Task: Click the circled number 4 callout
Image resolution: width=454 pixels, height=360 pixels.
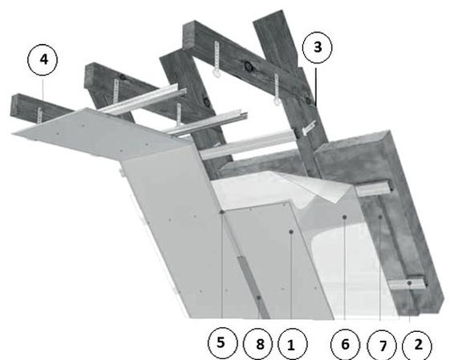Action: [43, 59]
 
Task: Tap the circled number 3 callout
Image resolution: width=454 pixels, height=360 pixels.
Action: [318, 47]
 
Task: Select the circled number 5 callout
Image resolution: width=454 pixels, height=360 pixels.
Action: [222, 343]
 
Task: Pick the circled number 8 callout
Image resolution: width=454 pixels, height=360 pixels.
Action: [258, 345]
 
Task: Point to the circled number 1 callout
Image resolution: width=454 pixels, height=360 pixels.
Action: [293, 345]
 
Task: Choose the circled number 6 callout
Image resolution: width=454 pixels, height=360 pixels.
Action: [346, 345]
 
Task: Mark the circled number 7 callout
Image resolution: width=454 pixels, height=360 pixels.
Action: [382, 346]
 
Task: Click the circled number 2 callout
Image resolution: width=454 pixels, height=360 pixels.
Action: [417, 346]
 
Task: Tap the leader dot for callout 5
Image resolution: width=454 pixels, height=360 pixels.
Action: [222, 212]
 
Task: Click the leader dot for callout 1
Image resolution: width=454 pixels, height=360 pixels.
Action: [291, 232]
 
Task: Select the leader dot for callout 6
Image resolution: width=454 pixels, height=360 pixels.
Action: [345, 217]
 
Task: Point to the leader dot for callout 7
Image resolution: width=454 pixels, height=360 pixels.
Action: [380, 217]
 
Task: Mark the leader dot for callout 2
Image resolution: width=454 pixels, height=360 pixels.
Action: [409, 283]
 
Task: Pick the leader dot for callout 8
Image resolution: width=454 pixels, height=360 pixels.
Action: [258, 297]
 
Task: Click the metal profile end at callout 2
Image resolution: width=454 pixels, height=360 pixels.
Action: [407, 284]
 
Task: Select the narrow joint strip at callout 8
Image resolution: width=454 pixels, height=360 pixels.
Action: [253, 286]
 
